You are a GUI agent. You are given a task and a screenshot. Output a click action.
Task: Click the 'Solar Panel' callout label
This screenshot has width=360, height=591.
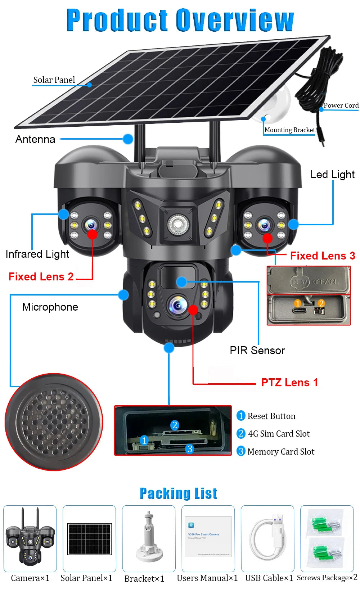click(x=54, y=80)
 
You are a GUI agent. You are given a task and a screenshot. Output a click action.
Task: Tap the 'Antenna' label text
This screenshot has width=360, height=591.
click(x=35, y=139)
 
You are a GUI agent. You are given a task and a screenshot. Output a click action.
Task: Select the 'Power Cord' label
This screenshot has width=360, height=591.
click(x=341, y=105)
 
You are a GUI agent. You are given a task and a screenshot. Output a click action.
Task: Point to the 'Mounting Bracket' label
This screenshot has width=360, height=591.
click(x=289, y=130)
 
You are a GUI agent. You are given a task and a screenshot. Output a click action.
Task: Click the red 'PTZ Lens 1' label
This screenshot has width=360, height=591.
click(x=289, y=382)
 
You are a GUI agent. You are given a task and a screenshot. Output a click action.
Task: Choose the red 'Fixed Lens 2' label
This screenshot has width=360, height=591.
click(x=41, y=276)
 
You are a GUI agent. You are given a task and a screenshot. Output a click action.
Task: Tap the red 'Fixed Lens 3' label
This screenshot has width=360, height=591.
click(x=323, y=256)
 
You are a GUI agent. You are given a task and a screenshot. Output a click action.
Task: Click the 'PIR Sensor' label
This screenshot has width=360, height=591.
click(x=257, y=350)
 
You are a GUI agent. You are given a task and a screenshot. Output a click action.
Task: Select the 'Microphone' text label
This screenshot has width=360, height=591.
click(x=50, y=307)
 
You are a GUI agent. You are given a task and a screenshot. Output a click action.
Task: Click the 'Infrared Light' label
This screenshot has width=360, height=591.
click(x=37, y=254)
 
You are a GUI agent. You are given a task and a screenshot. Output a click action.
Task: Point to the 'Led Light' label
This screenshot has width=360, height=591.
click(x=332, y=175)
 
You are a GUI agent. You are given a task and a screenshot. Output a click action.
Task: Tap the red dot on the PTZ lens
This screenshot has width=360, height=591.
click(x=193, y=310)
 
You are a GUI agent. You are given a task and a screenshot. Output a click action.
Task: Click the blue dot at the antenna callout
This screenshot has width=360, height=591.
click(x=128, y=139)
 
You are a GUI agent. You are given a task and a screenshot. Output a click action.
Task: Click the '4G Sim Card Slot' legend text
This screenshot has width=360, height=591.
click(x=278, y=434)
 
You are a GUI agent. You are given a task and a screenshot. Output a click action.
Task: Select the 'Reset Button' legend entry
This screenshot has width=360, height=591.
click(x=271, y=416)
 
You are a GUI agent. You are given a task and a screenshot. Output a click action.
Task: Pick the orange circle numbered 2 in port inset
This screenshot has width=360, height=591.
click(x=321, y=303)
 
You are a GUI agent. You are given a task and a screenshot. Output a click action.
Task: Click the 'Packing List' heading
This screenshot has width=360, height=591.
click(x=179, y=493)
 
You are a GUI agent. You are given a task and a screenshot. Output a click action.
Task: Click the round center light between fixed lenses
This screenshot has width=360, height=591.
click(x=177, y=224)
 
